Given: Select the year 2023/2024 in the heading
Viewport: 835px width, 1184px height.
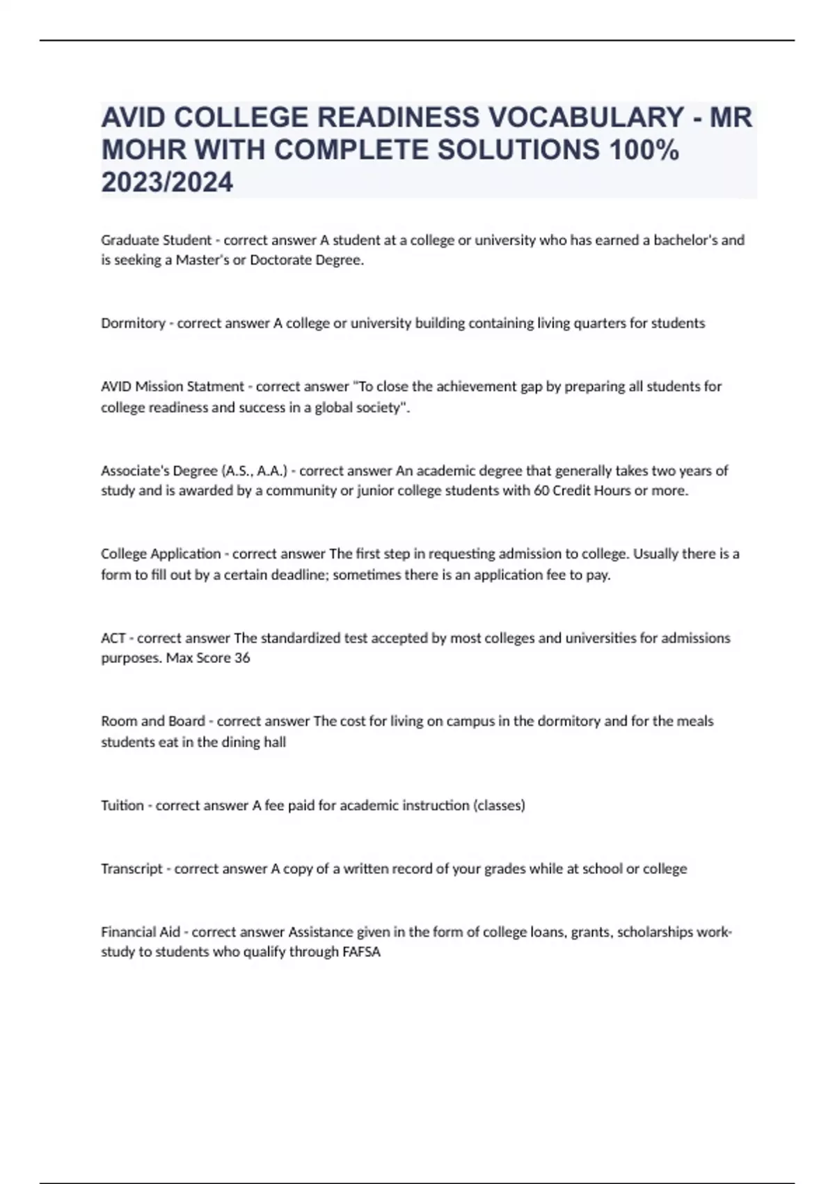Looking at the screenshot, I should tap(167, 182).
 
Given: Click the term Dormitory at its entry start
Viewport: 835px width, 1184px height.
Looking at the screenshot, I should tap(133, 323).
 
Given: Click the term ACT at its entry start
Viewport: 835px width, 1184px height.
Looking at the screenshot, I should tap(113, 638).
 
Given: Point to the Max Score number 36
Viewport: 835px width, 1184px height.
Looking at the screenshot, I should tap(242, 658).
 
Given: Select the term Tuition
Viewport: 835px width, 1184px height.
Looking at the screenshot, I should tap(122, 806).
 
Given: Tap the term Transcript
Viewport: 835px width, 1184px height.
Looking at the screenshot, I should tap(132, 869).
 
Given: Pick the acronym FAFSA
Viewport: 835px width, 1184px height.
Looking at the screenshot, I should tap(362, 952).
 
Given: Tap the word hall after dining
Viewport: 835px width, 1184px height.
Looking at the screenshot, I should tap(274, 742).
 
